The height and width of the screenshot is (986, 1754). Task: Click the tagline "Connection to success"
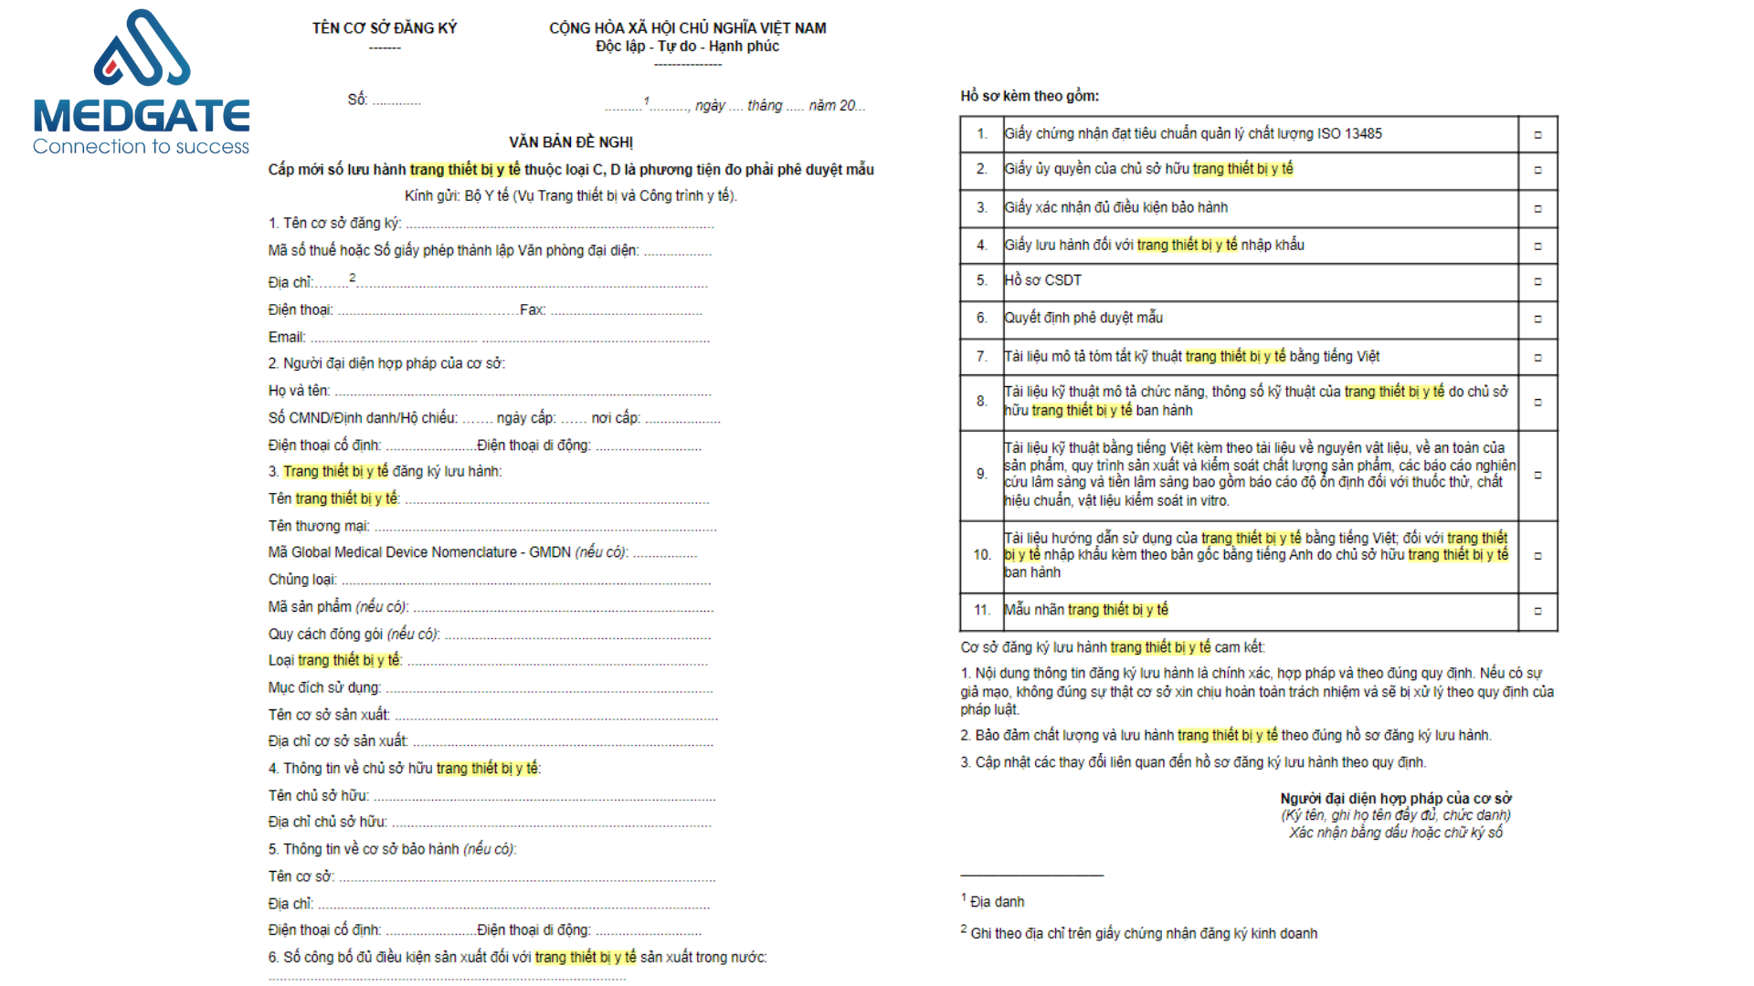click(x=141, y=147)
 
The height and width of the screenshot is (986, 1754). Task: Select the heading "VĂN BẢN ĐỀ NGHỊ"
click(x=571, y=142)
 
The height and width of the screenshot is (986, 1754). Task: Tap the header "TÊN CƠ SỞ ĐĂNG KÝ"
click(x=385, y=28)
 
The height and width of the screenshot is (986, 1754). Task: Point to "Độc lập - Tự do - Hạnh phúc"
click(x=687, y=47)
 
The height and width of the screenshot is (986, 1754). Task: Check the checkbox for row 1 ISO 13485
click(x=1537, y=134)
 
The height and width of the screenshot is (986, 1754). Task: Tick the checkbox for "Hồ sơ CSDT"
click(x=1537, y=281)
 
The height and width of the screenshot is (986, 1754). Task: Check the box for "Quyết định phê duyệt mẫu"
click(x=1537, y=319)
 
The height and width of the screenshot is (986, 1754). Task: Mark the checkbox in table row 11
click(x=1537, y=611)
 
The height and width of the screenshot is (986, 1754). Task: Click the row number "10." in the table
click(x=982, y=555)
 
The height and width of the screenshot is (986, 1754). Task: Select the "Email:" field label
click(x=287, y=337)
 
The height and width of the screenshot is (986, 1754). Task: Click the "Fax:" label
click(x=533, y=310)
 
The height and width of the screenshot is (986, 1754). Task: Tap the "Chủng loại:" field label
click(x=302, y=580)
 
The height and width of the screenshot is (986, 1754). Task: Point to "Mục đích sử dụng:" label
click(x=324, y=687)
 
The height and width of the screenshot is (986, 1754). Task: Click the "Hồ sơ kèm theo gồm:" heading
click(x=1030, y=96)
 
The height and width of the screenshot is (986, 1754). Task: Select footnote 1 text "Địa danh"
click(x=997, y=902)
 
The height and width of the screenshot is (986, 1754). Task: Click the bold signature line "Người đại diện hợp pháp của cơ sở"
click(x=1395, y=798)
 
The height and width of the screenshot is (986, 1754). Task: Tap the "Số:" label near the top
click(x=357, y=100)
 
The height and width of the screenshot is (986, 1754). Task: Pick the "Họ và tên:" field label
click(x=299, y=391)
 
